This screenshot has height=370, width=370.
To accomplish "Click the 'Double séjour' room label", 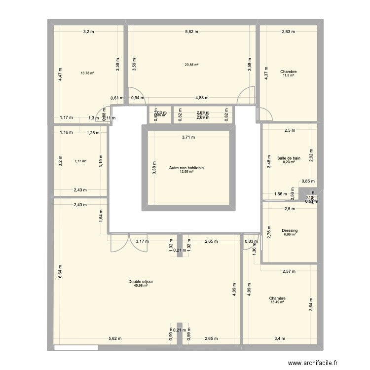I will pyautogui.click(x=141, y=281).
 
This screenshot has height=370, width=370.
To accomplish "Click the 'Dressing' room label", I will pyautogui.click(x=290, y=230).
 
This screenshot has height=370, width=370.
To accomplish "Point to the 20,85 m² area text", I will pyautogui.click(x=191, y=65).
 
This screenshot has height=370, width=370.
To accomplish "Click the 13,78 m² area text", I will pyautogui.click(x=87, y=73).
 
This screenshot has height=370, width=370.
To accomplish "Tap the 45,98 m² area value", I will pyautogui.click(x=141, y=286).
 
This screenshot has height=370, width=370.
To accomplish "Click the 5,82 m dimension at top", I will pyautogui.click(x=191, y=32).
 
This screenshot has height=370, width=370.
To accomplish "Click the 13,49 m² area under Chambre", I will pyautogui.click(x=278, y=303).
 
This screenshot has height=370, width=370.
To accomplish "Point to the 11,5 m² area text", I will pyautogui.click(x=288, y=75).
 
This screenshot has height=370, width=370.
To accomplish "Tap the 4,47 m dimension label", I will pyautogui.click(x=60, y=74).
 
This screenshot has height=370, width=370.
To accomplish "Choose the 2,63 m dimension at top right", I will pyautogui.click(x=289, y=32).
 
